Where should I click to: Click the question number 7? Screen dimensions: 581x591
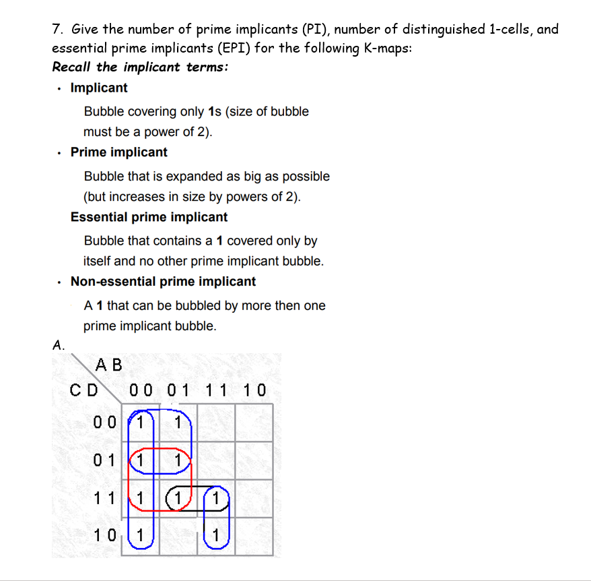tap(57, 30)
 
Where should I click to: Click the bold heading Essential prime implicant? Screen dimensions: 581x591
tap(149, 217)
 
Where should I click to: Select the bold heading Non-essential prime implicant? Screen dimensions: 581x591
tap(163, 282)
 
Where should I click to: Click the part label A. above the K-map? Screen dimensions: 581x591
tap(59, 345)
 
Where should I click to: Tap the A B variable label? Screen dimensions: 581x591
tap(109, 365)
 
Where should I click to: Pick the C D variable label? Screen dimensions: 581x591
tap(84, 390)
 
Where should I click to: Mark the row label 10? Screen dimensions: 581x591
tap(106, 537)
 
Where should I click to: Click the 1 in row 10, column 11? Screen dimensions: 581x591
tap(215, 537)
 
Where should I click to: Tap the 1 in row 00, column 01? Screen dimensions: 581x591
tap(178, 424)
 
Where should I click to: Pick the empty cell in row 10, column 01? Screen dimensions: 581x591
tap(178, 537)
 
